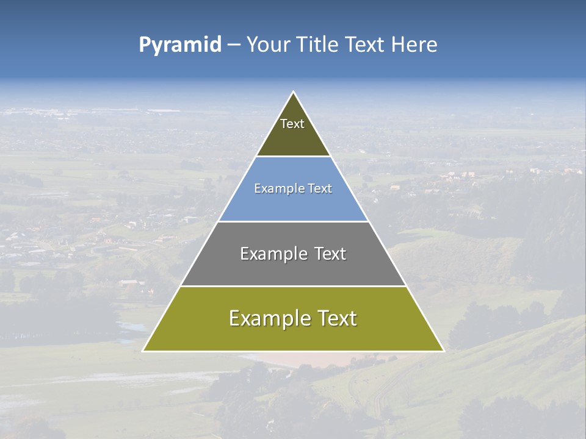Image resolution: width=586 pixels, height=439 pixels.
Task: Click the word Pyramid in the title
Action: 179,45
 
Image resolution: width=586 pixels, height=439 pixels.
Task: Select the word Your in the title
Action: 268,45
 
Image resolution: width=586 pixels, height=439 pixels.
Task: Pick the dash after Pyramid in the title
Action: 234,45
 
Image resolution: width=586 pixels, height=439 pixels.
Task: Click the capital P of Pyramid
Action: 144,45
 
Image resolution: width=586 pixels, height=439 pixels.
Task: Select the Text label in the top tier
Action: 292,124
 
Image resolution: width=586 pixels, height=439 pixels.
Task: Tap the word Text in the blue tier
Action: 320,188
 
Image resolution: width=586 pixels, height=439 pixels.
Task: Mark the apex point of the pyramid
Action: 294,92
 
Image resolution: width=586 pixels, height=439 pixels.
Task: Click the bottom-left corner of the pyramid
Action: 143,351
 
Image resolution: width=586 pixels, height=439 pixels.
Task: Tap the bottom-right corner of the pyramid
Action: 443,351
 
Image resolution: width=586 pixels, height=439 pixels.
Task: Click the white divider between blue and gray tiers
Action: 294,221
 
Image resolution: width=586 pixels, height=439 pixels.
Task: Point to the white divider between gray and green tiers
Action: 294,286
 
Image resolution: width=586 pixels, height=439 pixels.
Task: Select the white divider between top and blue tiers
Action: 294,157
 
